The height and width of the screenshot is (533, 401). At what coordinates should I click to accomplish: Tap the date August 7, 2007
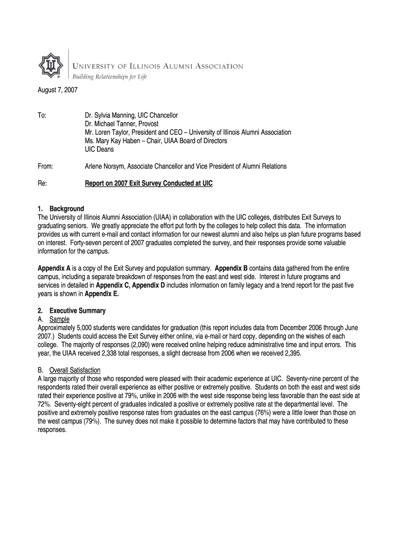(57, 90)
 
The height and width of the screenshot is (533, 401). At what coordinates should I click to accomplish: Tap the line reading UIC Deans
(99, 149)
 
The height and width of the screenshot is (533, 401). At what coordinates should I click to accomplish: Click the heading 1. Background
(61, 209)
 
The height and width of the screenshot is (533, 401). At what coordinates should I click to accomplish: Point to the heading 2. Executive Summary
(72, 311)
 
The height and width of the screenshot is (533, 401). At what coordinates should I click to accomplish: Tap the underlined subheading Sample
(59, 319)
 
